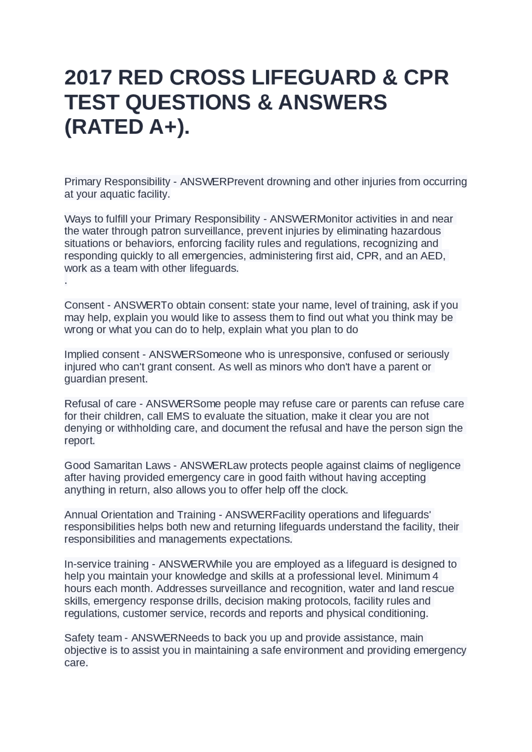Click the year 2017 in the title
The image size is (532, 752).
coord(88,78)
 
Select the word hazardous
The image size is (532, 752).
coord(415,231)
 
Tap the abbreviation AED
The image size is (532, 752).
coord(431,256)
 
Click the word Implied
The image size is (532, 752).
coord(81,355)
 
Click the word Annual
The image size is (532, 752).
coord(81,515)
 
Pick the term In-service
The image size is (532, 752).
coord(88,564)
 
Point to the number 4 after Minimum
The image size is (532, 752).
coord(435,576)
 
